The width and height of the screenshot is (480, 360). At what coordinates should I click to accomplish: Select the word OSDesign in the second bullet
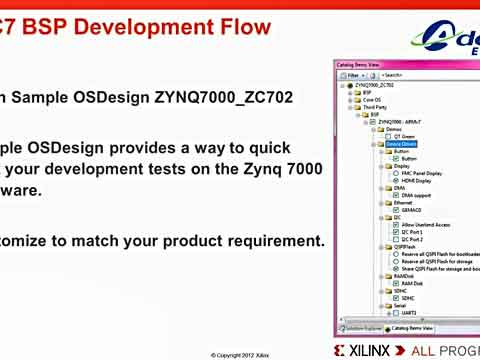(91, 147)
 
